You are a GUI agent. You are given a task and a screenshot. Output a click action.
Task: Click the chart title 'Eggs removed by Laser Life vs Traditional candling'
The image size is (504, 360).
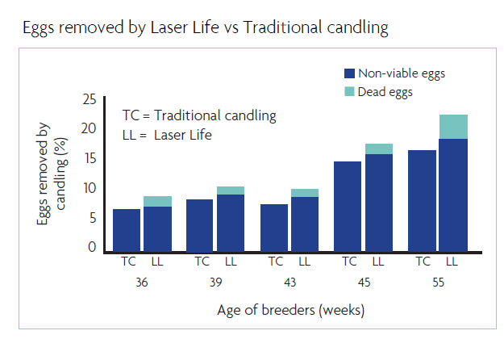[206, 28]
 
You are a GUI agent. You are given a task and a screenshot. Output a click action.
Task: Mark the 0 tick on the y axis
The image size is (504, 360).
[92, 247]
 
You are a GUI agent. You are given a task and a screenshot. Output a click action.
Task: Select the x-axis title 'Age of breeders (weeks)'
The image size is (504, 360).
[292, 310]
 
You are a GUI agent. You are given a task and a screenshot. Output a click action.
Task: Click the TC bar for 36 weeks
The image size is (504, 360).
[127, 230]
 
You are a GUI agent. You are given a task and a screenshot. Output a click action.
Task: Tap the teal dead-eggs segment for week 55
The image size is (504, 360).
[453, 127]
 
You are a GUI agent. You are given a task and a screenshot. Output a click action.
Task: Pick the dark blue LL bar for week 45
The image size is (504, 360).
[378, 203]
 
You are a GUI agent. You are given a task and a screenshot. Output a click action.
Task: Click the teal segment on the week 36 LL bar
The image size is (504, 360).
[157, 201]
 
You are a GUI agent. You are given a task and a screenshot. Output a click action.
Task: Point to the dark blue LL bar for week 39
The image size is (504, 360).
[231, 222]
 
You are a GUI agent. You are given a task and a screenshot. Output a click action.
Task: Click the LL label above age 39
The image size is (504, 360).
[231, 261]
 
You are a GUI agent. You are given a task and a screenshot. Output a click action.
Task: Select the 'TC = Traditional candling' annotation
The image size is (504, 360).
[198, 115]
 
